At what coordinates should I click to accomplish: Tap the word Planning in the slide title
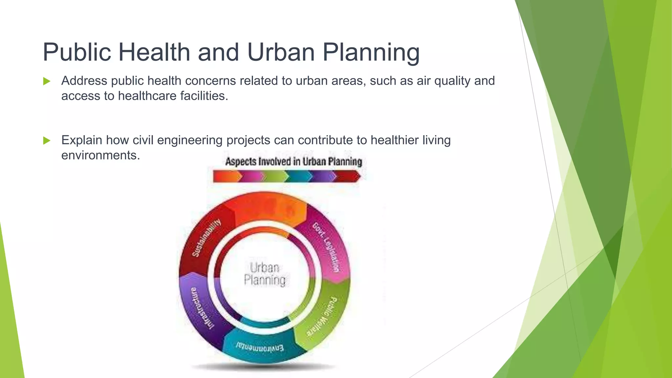(371, 52)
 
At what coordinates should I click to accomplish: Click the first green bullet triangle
(47, 81)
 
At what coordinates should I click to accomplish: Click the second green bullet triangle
(47, 140)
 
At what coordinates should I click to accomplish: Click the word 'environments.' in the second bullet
(100, 155)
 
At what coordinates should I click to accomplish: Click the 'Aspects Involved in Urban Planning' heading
(293, 161)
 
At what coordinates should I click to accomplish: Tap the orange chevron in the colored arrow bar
(226, 177)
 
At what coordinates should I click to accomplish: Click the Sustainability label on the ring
(206, 238)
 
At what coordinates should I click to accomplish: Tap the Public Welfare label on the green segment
(322, 317)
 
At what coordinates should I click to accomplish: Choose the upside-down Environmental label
(260, 347)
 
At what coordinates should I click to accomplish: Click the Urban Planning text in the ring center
(264, 274)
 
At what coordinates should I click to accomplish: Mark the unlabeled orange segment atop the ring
(266, 208)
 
